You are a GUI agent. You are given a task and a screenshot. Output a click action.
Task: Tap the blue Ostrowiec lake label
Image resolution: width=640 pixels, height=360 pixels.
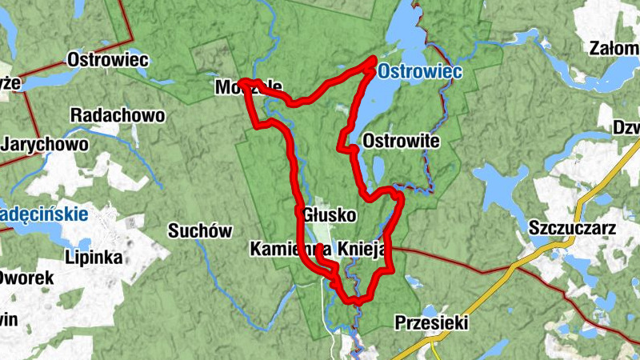coord(419,72)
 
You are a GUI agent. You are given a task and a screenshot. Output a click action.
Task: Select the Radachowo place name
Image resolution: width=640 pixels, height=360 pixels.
coord(118,115)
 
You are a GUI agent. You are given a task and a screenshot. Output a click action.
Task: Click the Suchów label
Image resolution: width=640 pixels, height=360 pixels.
coord(199,231)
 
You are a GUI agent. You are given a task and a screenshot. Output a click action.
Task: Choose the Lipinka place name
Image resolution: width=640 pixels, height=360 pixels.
coord(95,258)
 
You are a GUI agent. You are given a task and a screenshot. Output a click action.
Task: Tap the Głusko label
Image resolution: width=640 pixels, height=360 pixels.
coord(329,215)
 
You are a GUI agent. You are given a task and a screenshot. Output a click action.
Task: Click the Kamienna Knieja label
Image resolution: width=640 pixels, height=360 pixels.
coord(318,248)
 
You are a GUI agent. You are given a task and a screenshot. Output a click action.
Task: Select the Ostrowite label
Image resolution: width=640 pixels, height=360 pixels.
coord(401,141)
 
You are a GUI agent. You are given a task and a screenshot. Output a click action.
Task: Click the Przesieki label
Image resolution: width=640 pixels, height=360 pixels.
coord(431,323)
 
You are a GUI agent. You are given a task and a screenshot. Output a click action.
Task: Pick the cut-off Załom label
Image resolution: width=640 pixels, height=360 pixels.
coord(613,48)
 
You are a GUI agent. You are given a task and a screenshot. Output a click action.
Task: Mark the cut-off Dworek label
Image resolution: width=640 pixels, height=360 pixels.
coord(26,278)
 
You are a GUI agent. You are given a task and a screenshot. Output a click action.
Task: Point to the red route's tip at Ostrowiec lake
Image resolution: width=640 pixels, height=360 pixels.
coord(373,60)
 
